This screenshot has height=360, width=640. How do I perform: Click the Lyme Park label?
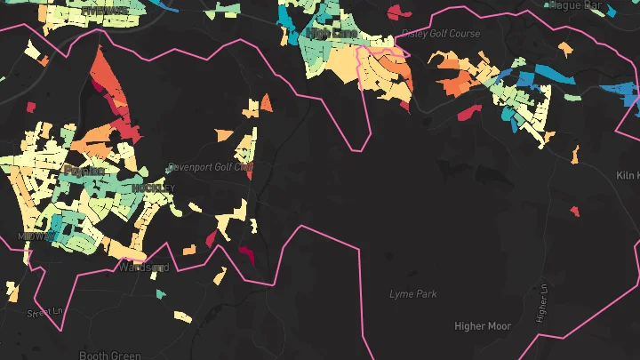pyautogui.click(x=413, y=293)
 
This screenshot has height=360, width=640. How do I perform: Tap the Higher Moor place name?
pyautogui.click(x=483, y=326)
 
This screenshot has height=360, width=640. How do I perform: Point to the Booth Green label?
pyautogui.click(x=109, y=356)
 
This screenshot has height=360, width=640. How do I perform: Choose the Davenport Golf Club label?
pyautogui.click(x=210, y=167)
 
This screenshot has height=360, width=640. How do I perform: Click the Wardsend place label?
pyautogui.click(x=143, y=267)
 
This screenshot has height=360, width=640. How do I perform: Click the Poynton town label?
pyautogui.click(x=84, y=170)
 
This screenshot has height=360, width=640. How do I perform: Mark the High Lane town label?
pyautogui.click(x=332, y=34)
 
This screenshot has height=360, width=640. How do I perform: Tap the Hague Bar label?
pyautogui.click(x=577, y=4)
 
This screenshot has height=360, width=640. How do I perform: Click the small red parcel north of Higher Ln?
pyautogui.click(x=574, y=212)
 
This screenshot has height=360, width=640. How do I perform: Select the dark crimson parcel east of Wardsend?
pyautogui.click(x=246, y=255)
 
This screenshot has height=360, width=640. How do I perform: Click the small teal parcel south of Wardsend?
pyautogui.click(x=160, y=293)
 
